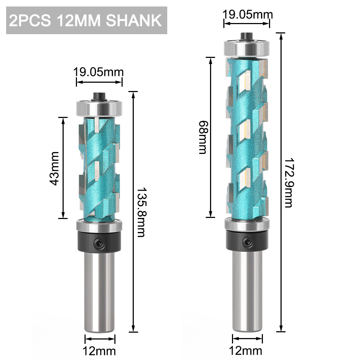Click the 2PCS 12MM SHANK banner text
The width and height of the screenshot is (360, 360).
86,21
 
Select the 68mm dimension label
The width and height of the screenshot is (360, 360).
202,137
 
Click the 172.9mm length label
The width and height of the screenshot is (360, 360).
288,183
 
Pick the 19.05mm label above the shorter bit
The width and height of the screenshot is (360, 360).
99,72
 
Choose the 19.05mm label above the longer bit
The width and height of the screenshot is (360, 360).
247,15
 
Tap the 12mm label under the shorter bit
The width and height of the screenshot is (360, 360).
100,350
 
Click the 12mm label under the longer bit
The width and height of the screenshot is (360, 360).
247,350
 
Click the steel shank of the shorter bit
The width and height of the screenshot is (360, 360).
100,288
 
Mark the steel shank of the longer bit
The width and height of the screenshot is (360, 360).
247,288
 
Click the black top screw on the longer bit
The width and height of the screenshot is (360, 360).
246,36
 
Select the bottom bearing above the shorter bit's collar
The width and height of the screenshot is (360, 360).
99,227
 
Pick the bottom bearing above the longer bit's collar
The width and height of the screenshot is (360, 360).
247,224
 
